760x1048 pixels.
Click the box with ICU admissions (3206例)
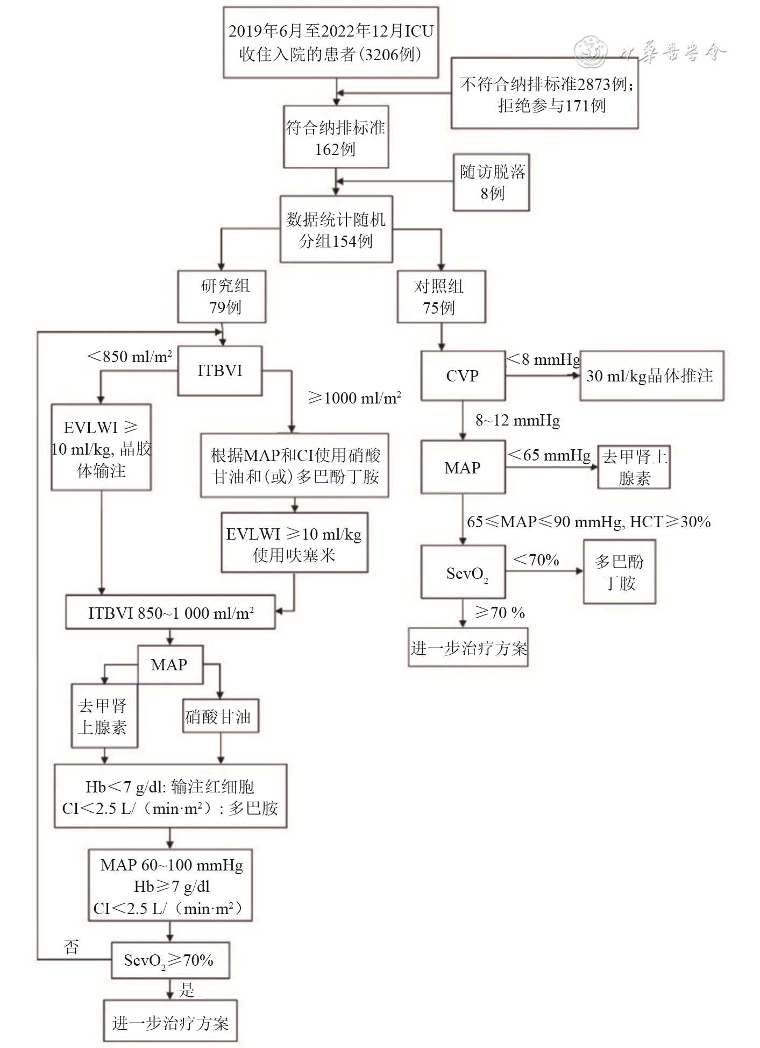point(331,43)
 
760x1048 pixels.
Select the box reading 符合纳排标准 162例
point(336,137)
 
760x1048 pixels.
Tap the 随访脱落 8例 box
point(492,182)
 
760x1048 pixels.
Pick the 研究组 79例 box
point(222,296)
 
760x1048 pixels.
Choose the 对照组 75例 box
point(441,296)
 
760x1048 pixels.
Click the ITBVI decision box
point(220,371)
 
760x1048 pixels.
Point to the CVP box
point(463,376)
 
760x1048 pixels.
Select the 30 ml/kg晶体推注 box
point(651,376)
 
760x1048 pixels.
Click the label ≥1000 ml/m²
point(355,398)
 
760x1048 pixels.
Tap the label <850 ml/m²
point(130,357)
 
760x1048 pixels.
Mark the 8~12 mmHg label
point(517,420)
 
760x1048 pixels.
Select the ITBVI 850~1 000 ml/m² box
point(171,612)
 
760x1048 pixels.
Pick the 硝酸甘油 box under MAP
point(221,716)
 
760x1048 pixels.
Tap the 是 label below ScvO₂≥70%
point(187,990)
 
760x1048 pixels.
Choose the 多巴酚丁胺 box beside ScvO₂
point(619,572)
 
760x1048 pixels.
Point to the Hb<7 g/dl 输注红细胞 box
point(171,796)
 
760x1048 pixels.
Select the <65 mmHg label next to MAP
point(549,455)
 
